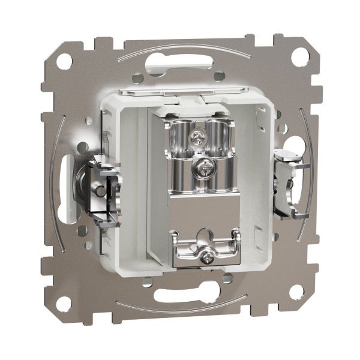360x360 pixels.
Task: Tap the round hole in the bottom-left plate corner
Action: click(x=62, y=301)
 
